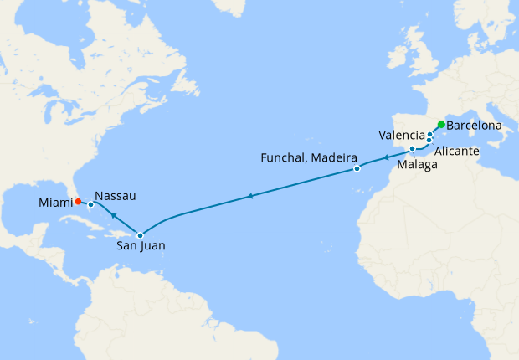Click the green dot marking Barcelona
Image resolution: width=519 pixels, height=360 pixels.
[441, 125]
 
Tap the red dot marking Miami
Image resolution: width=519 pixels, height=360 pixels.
[77, 201]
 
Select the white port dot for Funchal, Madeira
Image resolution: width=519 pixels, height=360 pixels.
[357, 169]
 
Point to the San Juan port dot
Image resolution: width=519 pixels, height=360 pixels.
[140, 235]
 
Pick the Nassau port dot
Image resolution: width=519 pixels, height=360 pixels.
[90, 204]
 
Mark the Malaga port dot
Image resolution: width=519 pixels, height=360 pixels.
[413, 149]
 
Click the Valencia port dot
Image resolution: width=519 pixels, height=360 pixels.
[430, 134]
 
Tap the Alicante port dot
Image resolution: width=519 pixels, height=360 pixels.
[429, 140]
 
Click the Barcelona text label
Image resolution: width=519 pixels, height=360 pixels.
[475, 126]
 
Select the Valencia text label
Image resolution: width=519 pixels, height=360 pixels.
[401, 135]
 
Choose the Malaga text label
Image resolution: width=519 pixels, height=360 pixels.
[417, 165]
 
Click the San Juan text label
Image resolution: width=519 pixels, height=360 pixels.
[141, 248]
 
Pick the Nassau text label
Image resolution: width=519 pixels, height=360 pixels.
[116, 194]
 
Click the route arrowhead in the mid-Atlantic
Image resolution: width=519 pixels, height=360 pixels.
[249, 197]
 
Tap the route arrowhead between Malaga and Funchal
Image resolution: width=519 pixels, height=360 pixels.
[386, 157]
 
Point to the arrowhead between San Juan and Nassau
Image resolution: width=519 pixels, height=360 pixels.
[114, 216]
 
